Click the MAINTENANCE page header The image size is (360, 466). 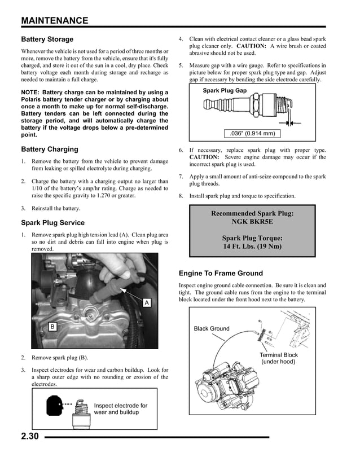point(54,21)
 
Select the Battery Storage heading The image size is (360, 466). point(47,39)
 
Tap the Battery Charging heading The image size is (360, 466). point(49,150)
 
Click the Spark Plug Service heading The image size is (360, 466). point(52,223)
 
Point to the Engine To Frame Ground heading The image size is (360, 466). point(221,274)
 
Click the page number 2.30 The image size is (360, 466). point(29,436)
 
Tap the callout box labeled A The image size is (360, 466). point(146,303)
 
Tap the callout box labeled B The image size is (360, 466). point(52,327)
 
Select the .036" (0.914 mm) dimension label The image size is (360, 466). point(252,134)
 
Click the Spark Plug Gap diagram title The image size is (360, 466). point(225,90)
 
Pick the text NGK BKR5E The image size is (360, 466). point(252,222)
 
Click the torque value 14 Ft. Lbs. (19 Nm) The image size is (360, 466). point(252,247)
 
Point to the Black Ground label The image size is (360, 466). point(212,328)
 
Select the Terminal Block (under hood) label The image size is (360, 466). point(278,358)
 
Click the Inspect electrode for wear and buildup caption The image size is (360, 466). point(120,409)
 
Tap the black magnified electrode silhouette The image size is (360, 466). point(55,405)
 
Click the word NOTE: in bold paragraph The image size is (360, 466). point(30,93)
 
